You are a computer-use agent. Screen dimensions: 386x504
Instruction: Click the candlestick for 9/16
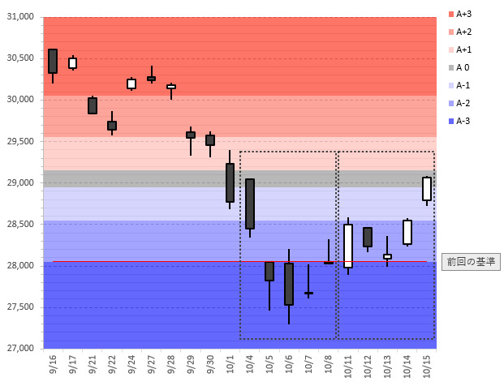pos(53,61)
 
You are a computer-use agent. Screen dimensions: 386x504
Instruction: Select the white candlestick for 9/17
pos(72,63)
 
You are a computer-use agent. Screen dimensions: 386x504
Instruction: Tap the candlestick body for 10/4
pos(250,204)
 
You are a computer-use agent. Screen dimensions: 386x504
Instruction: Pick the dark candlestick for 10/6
pos(289,283)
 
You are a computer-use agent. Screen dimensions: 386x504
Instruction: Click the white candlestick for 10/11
pos(348,245)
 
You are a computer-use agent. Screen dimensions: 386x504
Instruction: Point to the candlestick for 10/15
pos(427,188)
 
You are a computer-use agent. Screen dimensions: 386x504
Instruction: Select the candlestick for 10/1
pos(230,182)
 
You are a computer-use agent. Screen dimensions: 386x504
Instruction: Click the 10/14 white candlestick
pos(407,232)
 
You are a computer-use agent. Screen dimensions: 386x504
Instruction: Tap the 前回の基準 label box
pos(471,261)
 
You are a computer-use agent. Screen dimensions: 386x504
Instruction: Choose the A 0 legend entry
pos(463,67)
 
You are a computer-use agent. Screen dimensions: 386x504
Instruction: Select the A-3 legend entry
pos(463,121)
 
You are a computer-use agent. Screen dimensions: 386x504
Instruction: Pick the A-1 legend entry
pos(463,85)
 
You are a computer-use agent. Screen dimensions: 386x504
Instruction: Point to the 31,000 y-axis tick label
pos(21,17)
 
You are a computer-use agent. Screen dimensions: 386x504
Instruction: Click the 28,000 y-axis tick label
pos(21,266)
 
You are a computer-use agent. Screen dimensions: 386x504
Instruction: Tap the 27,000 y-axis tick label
pos(21,349)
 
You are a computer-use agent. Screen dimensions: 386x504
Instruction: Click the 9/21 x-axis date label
pos(93,365)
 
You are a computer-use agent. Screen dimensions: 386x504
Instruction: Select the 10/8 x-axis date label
pos(329,365)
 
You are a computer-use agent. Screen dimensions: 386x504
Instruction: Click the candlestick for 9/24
pos(131,84)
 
